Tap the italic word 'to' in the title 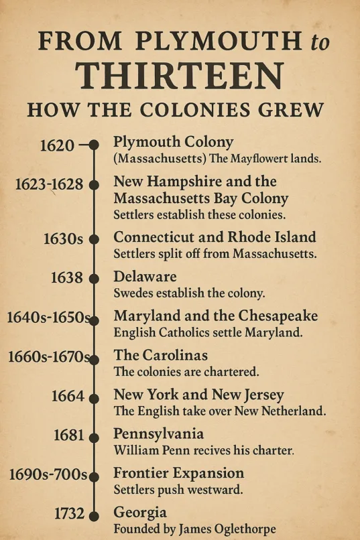(320, 42)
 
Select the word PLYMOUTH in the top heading (219, 42)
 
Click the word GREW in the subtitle (293, 109)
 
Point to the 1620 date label (57, 145)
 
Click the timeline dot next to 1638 (94, 278)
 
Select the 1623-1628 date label (49, 184)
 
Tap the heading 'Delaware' (145, 277)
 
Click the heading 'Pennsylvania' (158, 433)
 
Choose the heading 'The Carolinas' (161, 355)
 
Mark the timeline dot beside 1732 (94, 515)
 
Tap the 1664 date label (68, 396)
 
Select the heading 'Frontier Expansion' (178, 473)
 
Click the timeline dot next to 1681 (94, 435)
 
